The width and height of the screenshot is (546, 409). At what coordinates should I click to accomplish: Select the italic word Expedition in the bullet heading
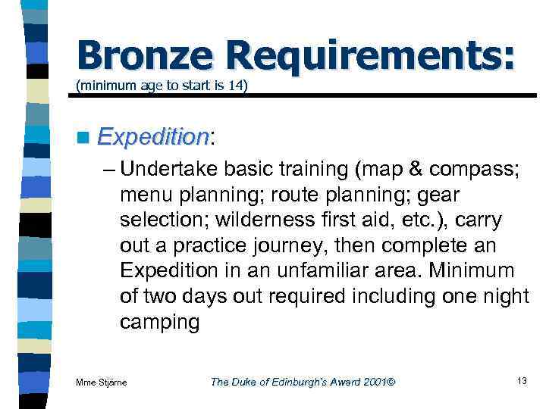pos(153,137)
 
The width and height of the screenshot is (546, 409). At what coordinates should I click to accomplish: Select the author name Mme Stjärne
pos(102,382)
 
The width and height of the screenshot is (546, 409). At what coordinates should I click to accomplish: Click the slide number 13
pos(521,380)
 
